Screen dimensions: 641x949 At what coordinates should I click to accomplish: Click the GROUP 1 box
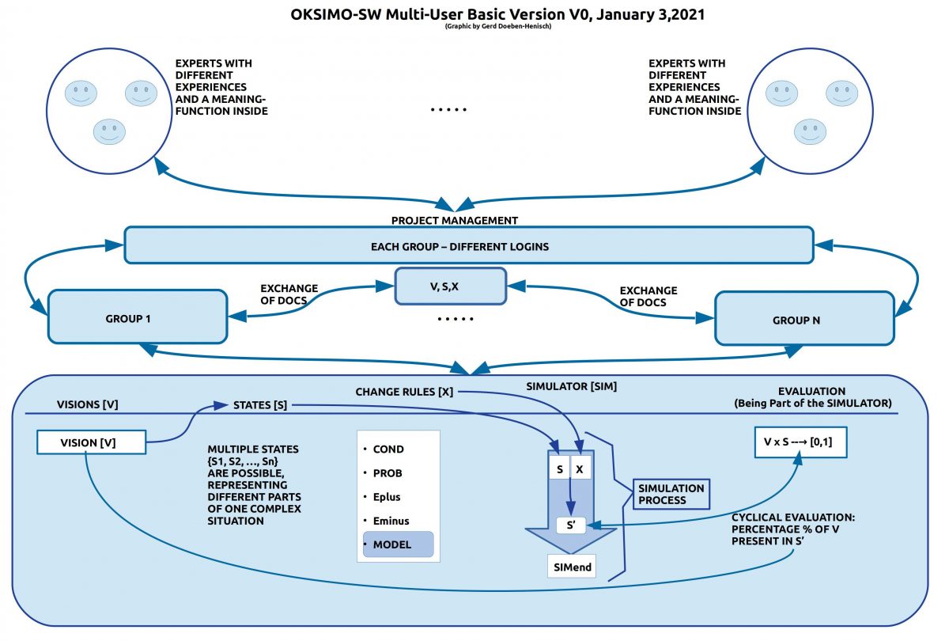(138, 317)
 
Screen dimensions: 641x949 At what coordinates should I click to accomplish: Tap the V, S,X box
(450, 286)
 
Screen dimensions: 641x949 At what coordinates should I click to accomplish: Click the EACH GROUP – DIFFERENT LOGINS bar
(469, 246)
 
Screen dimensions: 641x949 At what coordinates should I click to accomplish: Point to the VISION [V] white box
(92, 442)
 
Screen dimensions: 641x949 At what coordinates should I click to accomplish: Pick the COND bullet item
(388, 449)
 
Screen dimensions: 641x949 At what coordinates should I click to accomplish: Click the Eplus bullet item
(387, 497)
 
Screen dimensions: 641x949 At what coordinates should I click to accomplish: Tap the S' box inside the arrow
(571, 525)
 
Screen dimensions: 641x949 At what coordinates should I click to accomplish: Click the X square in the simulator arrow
(581, 468)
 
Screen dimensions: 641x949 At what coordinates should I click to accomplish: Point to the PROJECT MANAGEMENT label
(455, 221)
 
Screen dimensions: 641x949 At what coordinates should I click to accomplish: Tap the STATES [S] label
(259, 406)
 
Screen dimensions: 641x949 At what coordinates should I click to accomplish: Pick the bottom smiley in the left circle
(109, 131)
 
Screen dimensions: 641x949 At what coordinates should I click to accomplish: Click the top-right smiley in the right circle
(841, 93)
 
